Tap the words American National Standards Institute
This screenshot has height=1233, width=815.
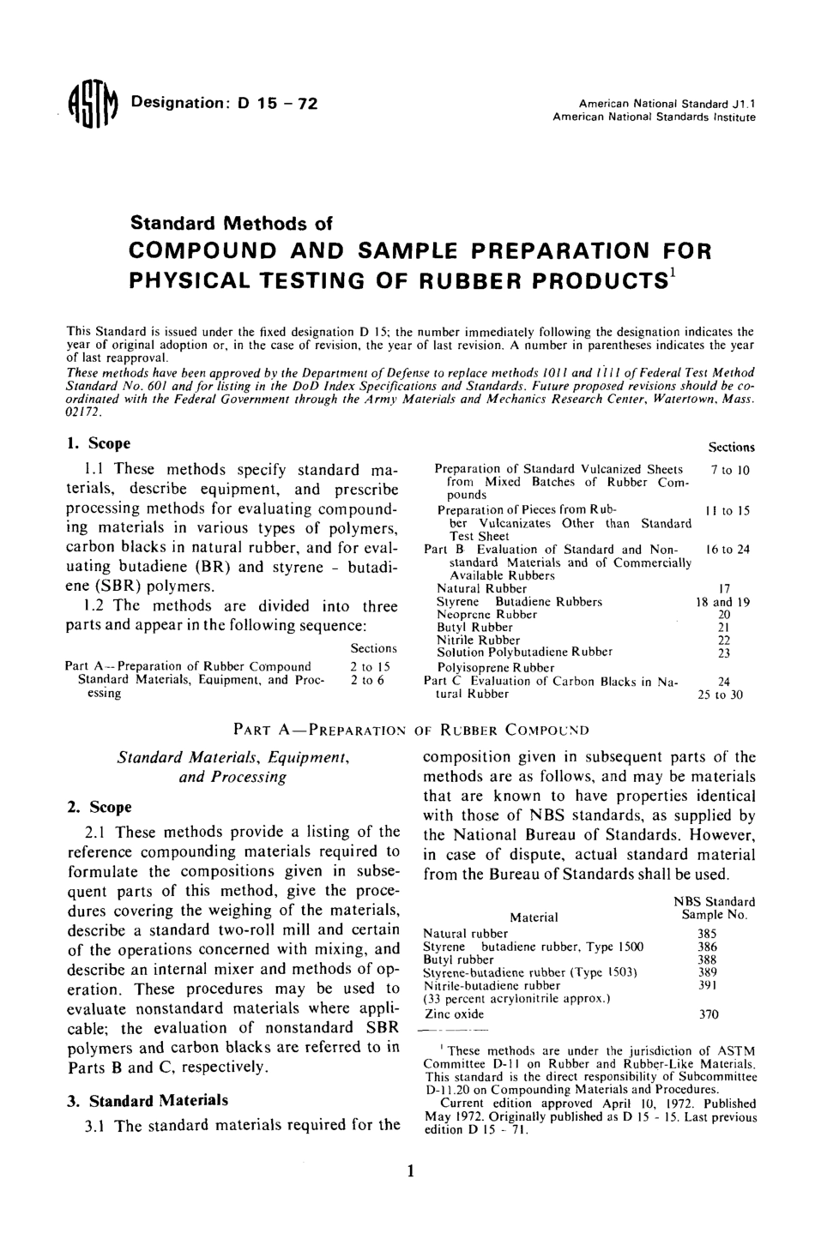point(654,116)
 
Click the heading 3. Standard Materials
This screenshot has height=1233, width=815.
point(148,1100)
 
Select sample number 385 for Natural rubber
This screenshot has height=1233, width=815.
point(707,933)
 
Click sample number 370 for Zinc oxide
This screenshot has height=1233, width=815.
point(707,1013)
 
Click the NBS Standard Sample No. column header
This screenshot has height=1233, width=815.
point(714,908)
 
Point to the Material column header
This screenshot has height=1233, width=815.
point(534,917)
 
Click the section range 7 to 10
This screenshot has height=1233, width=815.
point(730,470)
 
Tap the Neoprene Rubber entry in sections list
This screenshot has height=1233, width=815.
point(486,615)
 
